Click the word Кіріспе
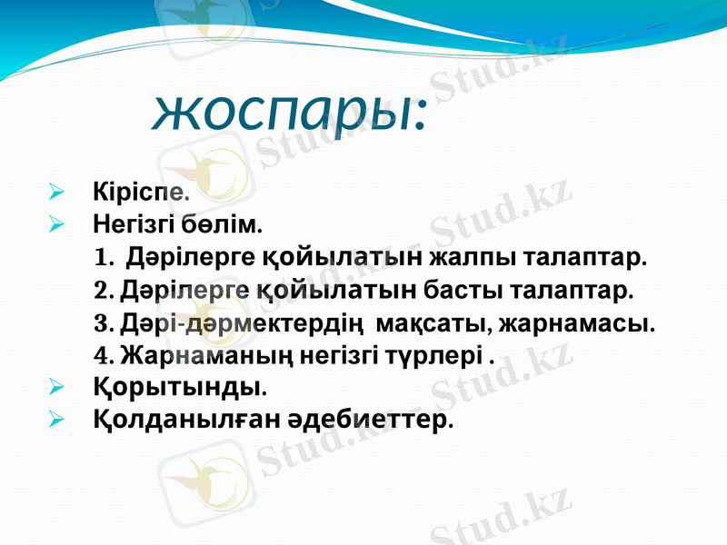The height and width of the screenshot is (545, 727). (x=140, y=192)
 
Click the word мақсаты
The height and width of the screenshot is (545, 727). (x=419, y=323)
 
